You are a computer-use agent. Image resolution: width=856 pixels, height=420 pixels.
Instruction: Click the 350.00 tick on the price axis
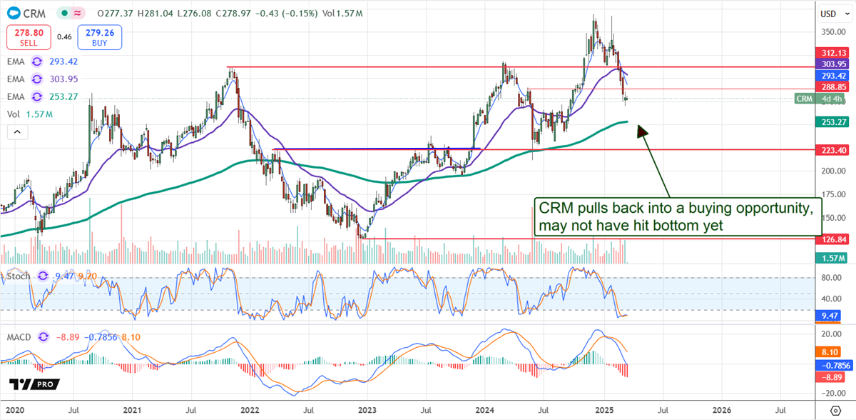coord(830,32)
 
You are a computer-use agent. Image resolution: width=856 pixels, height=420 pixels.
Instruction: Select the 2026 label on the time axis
coord(722,409)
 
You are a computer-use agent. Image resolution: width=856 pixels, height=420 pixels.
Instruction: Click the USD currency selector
coord(829,14)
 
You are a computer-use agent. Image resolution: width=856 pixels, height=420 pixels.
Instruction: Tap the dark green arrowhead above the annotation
coord(641,131)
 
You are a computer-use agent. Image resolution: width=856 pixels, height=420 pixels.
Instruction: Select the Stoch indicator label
coord(19,275)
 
